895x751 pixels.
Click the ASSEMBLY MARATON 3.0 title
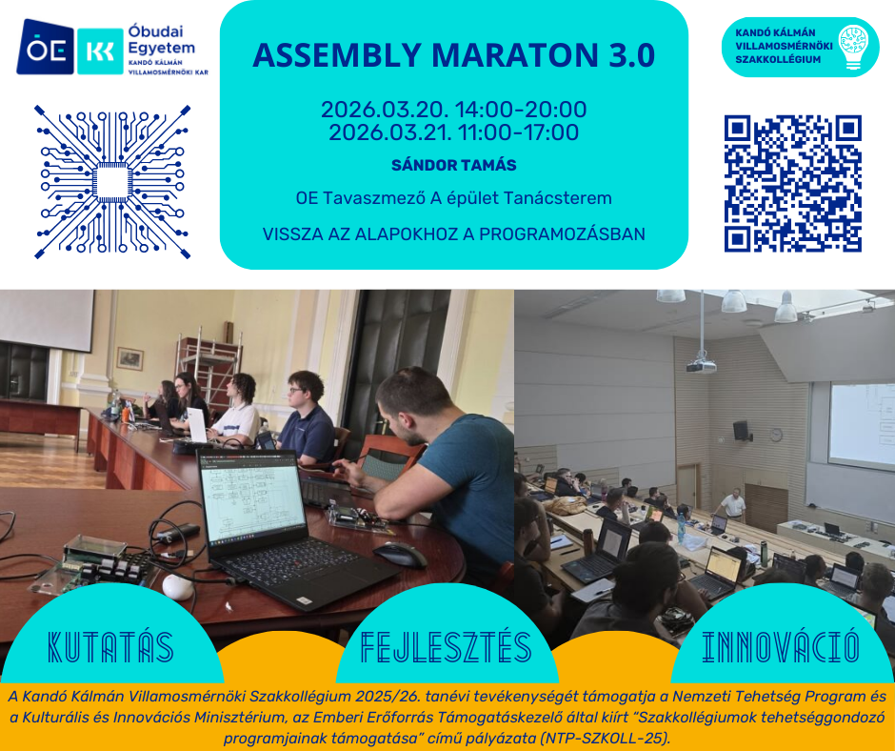coord(454,55)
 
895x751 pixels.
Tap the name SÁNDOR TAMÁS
coord(454,165)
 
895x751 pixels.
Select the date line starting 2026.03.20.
coord(454,110)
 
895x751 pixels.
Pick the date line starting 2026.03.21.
coord(454,132)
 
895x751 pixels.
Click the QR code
coord(793,184)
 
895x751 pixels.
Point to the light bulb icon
coord(853,47)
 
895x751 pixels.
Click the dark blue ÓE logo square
coord(45,48)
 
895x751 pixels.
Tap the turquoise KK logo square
coord(101,51)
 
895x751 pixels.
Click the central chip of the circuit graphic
coord(112,182)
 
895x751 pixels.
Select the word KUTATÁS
coord(110,647)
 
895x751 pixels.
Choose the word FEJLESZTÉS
coord(447,647)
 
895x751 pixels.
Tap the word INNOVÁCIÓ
coord(781,647)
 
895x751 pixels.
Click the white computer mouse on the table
coord(177,587)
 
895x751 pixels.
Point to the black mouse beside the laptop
coord(400,554)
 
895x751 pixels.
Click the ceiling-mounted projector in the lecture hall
coord(702,365)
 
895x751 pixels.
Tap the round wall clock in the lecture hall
coord(776,435)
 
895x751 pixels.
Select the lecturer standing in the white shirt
coord(731,505)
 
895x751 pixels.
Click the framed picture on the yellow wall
coord(130,358)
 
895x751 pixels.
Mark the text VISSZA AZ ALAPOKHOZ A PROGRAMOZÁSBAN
coord(454,234)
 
